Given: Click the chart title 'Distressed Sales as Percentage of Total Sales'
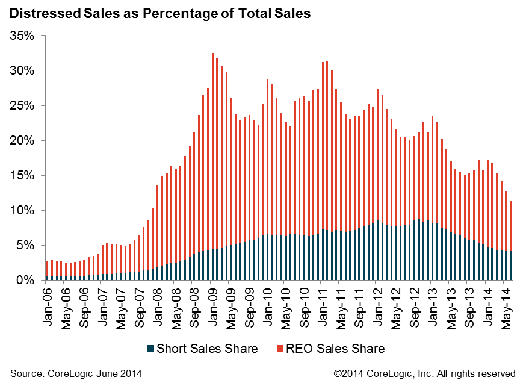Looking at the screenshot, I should coord(160,13).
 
